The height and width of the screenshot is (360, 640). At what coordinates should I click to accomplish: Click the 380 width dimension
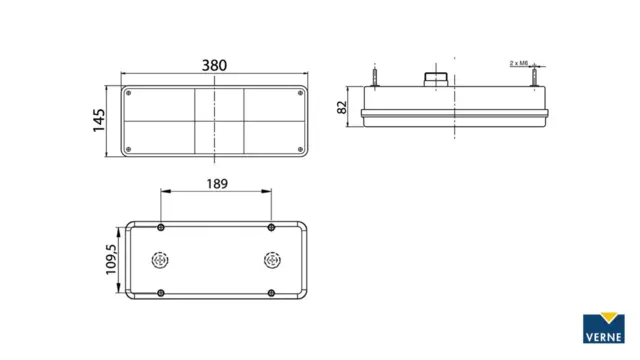pyautogui.click(x=214, y=65)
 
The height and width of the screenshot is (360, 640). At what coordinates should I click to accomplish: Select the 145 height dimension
pyautogui.click(x=99, y=120)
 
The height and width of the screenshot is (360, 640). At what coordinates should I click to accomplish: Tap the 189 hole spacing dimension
pyautogui.click(x=217, y=184)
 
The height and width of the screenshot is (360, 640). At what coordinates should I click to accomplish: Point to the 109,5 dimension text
pyautogui.click(x=111, y=260)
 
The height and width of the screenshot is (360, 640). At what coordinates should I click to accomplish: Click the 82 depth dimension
pyautogui.click(x=342, y=107)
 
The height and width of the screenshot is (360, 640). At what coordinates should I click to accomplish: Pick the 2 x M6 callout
pyautogui.click(x=519, y=63)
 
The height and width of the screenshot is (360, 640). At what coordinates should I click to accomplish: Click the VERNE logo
pyautogui.click(x=604, y=328)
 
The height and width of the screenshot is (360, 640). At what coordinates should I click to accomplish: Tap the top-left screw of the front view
pyautogui.click(x=129, y=93)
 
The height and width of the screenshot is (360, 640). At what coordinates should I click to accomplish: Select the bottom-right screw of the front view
pyautogui.click(x=300, y=150)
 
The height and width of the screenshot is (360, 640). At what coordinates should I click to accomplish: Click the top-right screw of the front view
pyautogui.click(x=300, y=93)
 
